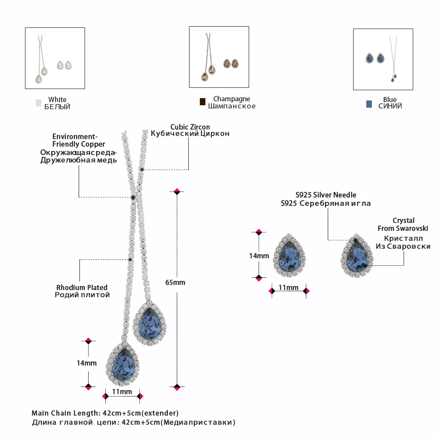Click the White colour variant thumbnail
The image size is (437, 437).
(x=55, y=58)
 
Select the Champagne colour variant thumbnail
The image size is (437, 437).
(x=219, y=57)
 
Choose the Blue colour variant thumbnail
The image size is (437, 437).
(x=383, y=59)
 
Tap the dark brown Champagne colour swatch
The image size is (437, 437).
(x=203, y=102)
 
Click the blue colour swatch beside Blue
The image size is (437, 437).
(x=369, y=104)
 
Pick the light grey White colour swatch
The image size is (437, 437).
(x=39, y=103)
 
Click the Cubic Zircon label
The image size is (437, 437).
(x=190, y=127)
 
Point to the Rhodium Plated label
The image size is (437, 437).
(x=82, y=288)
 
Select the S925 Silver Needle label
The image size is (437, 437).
(x=326, y=195)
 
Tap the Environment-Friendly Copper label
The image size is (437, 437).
(x=79, y=141)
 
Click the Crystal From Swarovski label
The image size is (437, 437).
(x=403, y=224)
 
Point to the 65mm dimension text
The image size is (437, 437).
(x=175, y=282)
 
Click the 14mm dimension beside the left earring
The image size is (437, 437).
(x=259, y=256)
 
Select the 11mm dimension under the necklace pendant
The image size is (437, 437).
(x=122, y=392)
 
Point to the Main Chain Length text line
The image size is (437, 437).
(x=105, y=413)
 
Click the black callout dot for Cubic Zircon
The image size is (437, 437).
(x=142, y=170)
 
